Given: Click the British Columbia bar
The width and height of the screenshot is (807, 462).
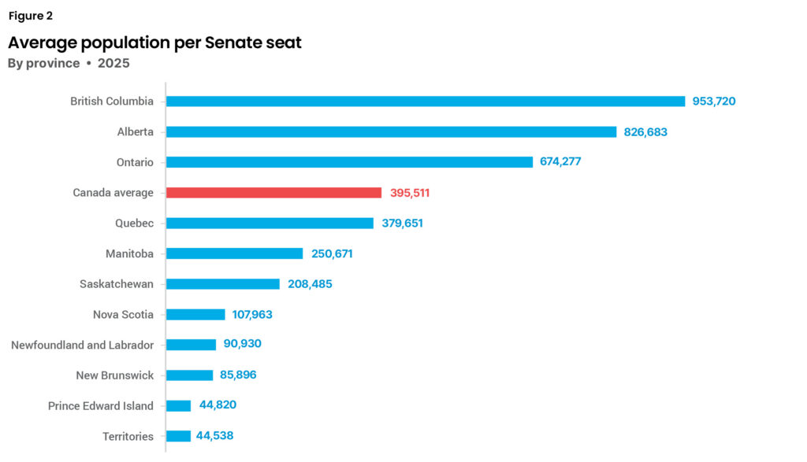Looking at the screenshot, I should click(426, 102).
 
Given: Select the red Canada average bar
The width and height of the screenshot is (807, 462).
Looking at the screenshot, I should click(273, 193).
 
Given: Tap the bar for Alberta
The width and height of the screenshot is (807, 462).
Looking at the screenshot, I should click(391, 132).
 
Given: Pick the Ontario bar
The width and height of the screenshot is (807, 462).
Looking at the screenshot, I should click(349, 162).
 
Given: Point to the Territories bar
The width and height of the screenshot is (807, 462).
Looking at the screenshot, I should click(178, 436).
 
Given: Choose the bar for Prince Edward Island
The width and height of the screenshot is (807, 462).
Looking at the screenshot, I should click(178, 406).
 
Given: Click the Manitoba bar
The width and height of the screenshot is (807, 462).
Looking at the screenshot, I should click(234, 253).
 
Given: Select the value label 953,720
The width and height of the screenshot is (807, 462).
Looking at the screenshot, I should click(714, 102).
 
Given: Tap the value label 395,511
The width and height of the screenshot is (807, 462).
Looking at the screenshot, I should click(410, 193).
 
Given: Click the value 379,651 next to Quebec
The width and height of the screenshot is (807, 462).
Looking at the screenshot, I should click(403, 224).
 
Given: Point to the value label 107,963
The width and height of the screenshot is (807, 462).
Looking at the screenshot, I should click(252, 315).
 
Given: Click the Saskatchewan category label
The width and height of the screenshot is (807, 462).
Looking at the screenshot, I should click(117, 284).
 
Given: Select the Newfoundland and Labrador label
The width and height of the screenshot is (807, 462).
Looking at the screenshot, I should click(82, 345).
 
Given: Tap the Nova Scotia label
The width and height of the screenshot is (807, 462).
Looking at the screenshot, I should click(123, 315).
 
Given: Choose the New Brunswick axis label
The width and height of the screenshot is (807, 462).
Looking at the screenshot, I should click(114, 375).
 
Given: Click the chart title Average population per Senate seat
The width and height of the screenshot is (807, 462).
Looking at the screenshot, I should click(154, 43).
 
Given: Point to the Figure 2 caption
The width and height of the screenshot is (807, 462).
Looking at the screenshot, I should click(31, 16).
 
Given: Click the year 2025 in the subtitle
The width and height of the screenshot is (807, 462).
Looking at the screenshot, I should click(113, 63).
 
